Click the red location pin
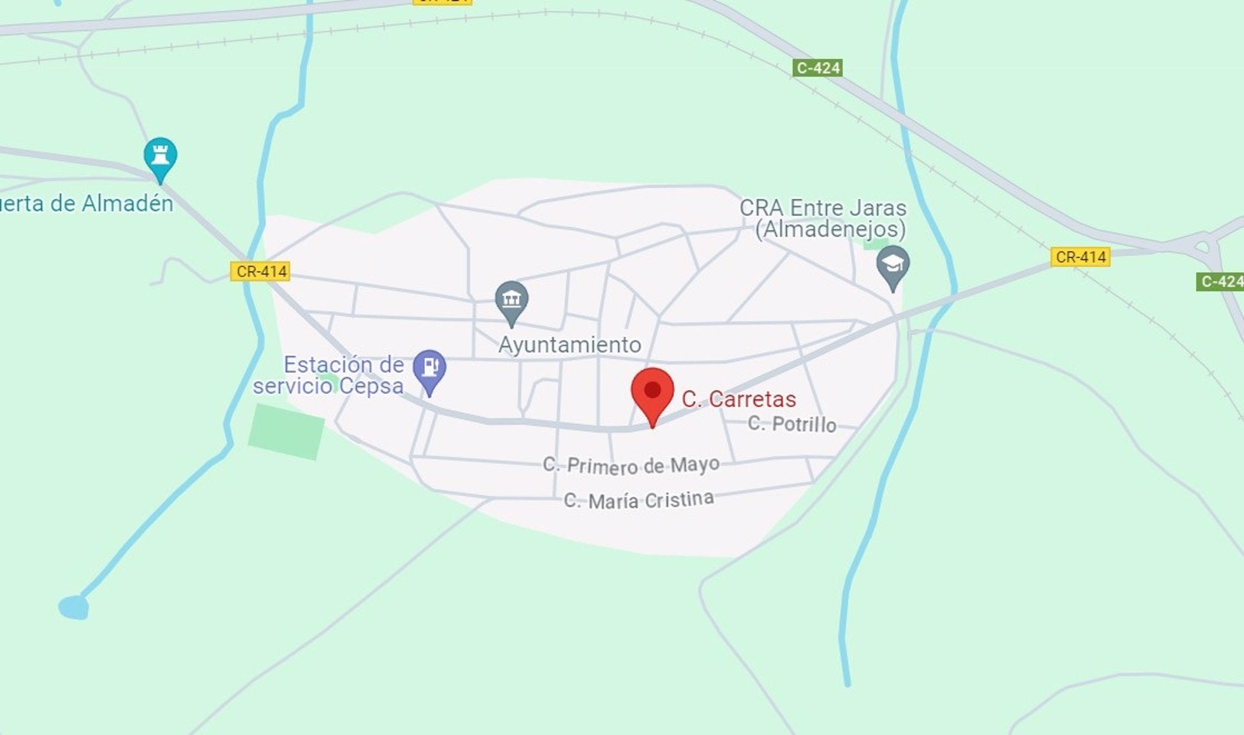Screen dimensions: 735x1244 point(652,391)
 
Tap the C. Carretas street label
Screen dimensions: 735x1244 point(739,399)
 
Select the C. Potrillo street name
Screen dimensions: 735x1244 point(792,424)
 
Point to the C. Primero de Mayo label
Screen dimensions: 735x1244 point(631,465)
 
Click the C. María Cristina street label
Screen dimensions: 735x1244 point(639,500)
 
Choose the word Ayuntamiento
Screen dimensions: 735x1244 point(570,345)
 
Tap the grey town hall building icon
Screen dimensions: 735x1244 point(511,300)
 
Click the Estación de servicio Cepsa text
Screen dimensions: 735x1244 point(329,375)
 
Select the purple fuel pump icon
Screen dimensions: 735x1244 point(429,368)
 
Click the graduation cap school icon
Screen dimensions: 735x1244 point(892,265)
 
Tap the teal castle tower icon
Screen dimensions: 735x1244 point(160,157)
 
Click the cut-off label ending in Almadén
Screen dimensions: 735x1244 point(86,204)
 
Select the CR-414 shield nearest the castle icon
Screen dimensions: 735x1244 point(260,271)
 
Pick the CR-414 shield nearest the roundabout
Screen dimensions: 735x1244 point(1080,257)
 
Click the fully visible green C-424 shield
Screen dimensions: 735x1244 point(818,68)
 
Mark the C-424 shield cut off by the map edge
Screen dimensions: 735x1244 point(1221,281)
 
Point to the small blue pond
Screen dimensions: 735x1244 point(74,607)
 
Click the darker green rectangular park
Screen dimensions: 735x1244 point(286,431)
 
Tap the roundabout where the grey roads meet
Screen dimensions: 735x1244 point(1203,246)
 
